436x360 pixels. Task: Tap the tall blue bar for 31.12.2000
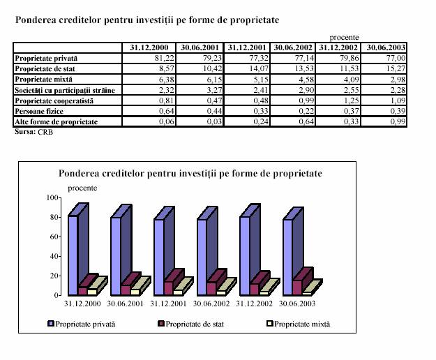coord(73,255)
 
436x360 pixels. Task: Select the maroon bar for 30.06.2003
coord(298,287)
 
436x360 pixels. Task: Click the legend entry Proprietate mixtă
coord(301,324)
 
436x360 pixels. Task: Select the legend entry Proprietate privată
coord(84,324)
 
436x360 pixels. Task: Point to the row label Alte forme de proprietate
coord(57,122)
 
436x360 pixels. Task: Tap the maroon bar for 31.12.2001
coord(169,288)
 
